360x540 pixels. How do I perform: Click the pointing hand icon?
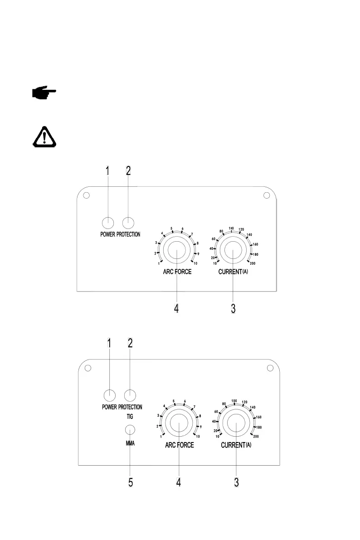coord(44,93)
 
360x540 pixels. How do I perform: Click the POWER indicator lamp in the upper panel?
coord(107,223)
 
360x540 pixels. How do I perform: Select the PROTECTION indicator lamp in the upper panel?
coord(128,223)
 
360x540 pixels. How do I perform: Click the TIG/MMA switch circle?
coord(131,429)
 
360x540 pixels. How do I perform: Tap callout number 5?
coord(131,482)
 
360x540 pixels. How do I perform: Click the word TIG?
coord(130,416)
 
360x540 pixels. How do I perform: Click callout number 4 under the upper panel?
coord(176,308)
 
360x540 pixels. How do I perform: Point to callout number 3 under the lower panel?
coord(236,482)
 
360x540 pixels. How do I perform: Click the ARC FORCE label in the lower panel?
coord(179,445)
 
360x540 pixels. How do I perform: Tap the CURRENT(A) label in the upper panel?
coord(233,272)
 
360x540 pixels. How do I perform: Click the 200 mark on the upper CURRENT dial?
coord(253,263)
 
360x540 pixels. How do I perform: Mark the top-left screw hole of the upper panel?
coord(87,196)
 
